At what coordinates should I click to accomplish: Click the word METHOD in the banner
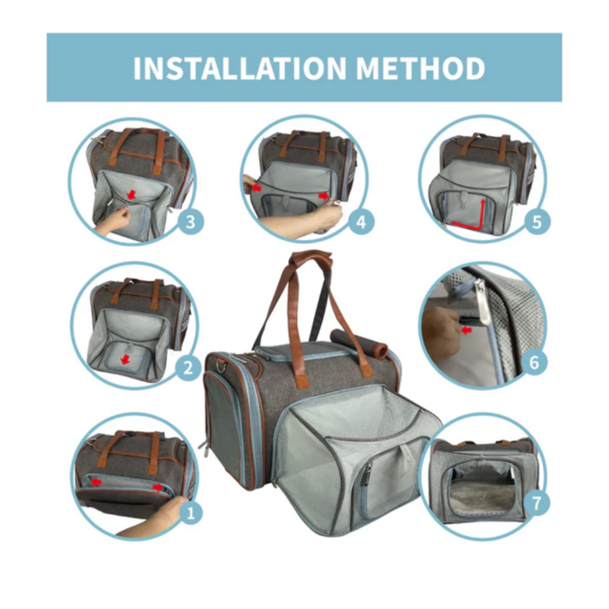point(420,68)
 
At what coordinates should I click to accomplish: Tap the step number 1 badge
point(191,513)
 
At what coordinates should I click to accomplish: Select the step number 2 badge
point(188,367)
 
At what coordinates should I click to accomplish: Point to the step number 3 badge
point(190,222)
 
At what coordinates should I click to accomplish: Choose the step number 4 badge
point(361,222)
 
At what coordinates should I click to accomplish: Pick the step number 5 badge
point(536,222)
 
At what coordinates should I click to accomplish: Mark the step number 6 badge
point(535,362)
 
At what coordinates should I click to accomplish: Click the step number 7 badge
point(536,503)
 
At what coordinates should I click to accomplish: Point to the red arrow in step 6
point(466,330)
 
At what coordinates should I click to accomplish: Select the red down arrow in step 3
point(132,194)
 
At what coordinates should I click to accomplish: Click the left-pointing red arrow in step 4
point(256,189)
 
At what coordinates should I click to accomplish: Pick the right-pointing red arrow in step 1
point(158,487)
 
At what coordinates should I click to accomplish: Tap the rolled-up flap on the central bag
point(359,344)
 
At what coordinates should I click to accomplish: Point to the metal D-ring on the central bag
point(223,365)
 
